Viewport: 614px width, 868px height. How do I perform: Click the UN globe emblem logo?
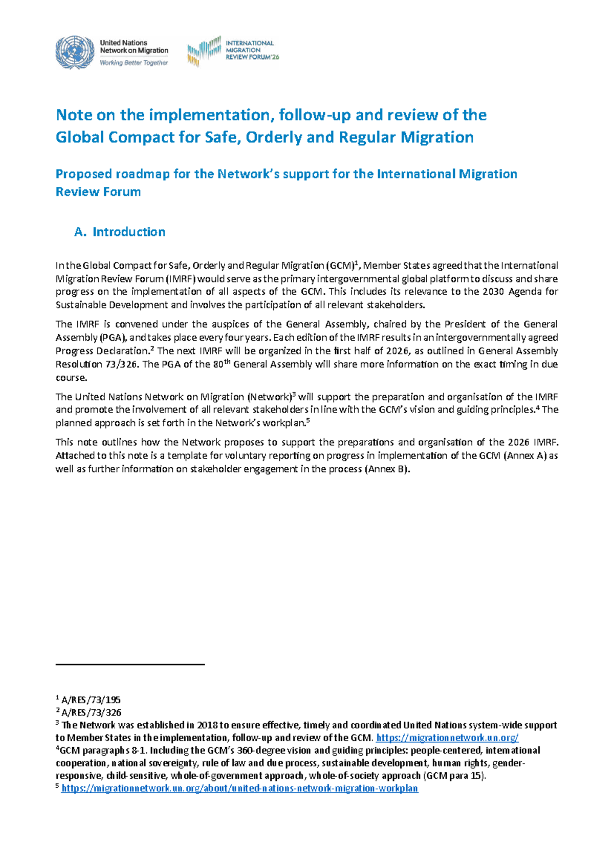coord(75,52)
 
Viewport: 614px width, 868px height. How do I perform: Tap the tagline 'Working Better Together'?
coord(134,63)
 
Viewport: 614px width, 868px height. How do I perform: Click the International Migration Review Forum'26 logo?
coord(233,51)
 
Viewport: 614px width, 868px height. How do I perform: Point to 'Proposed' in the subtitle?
coord(83,174)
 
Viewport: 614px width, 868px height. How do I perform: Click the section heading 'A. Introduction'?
coord(120,232)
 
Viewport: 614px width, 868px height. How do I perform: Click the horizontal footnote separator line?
coord(130,664)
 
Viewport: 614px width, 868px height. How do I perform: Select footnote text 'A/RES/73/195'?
coord(91,700)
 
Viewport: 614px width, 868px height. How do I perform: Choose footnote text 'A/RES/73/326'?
coord(91,712)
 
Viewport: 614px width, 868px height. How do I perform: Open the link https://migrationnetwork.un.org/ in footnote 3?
coord(447,738)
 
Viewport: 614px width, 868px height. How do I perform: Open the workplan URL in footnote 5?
coord(239,789)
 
